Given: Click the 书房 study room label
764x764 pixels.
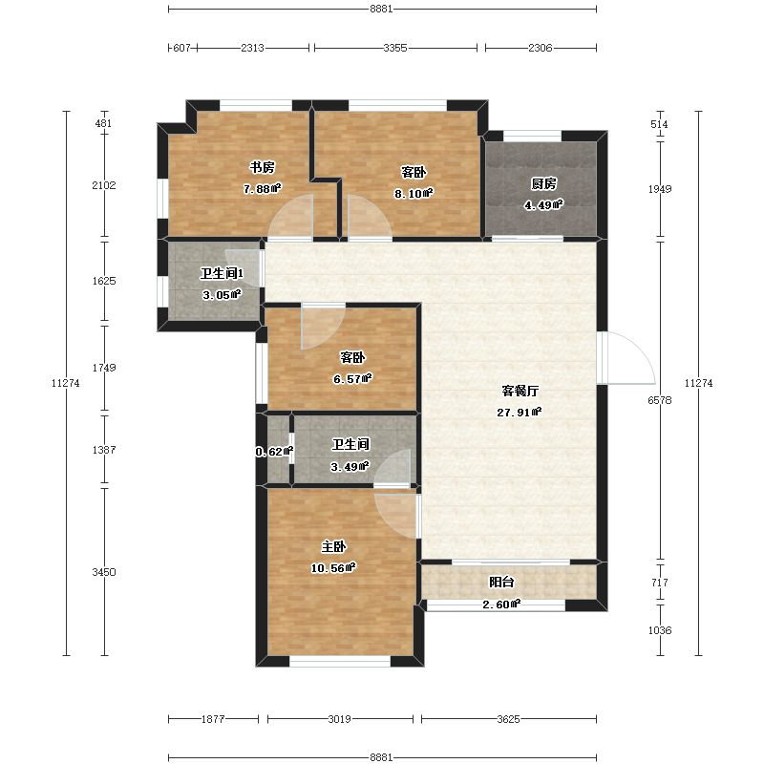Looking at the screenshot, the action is click(x=262, y=168).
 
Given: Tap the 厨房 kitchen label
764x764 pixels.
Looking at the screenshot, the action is click(x=543, y=183).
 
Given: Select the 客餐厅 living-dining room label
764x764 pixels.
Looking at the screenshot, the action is click(x=520, y=391).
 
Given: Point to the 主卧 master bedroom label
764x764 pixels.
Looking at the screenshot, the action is click(x=333, y=546).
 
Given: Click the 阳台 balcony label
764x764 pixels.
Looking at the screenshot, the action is click(x=501, y=582).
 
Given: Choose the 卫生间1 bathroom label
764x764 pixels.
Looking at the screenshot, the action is click(x=222, y=273).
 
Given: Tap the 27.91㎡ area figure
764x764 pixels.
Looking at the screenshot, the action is click(x=520, y=413).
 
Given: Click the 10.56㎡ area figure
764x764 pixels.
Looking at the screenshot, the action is click(x=333, y=567).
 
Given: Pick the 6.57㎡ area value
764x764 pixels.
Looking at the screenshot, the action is click(x=352, y=378).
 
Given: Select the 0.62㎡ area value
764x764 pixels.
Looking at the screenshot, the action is click(x=274, y=452).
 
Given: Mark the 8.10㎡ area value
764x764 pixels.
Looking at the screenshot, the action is click(x=414, y=194).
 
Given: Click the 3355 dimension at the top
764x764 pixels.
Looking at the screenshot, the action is click(x=395, y=48).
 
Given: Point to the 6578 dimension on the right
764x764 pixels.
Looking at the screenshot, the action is click(x=660, y=400).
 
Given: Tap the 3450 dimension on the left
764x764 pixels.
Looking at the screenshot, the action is click(x=104, y=572).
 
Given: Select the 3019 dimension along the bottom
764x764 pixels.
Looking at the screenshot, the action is click(x=339, y=719).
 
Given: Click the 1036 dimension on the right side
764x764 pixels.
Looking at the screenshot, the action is click(x=660, y=630).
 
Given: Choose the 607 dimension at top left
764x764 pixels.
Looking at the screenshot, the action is click(x=181, y=48).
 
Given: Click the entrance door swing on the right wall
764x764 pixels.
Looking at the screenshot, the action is click(x=626, y=358).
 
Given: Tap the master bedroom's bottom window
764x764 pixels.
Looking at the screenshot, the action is click(x=340, y=662).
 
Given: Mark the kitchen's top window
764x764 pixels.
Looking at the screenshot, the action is click(x=532, y=136).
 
